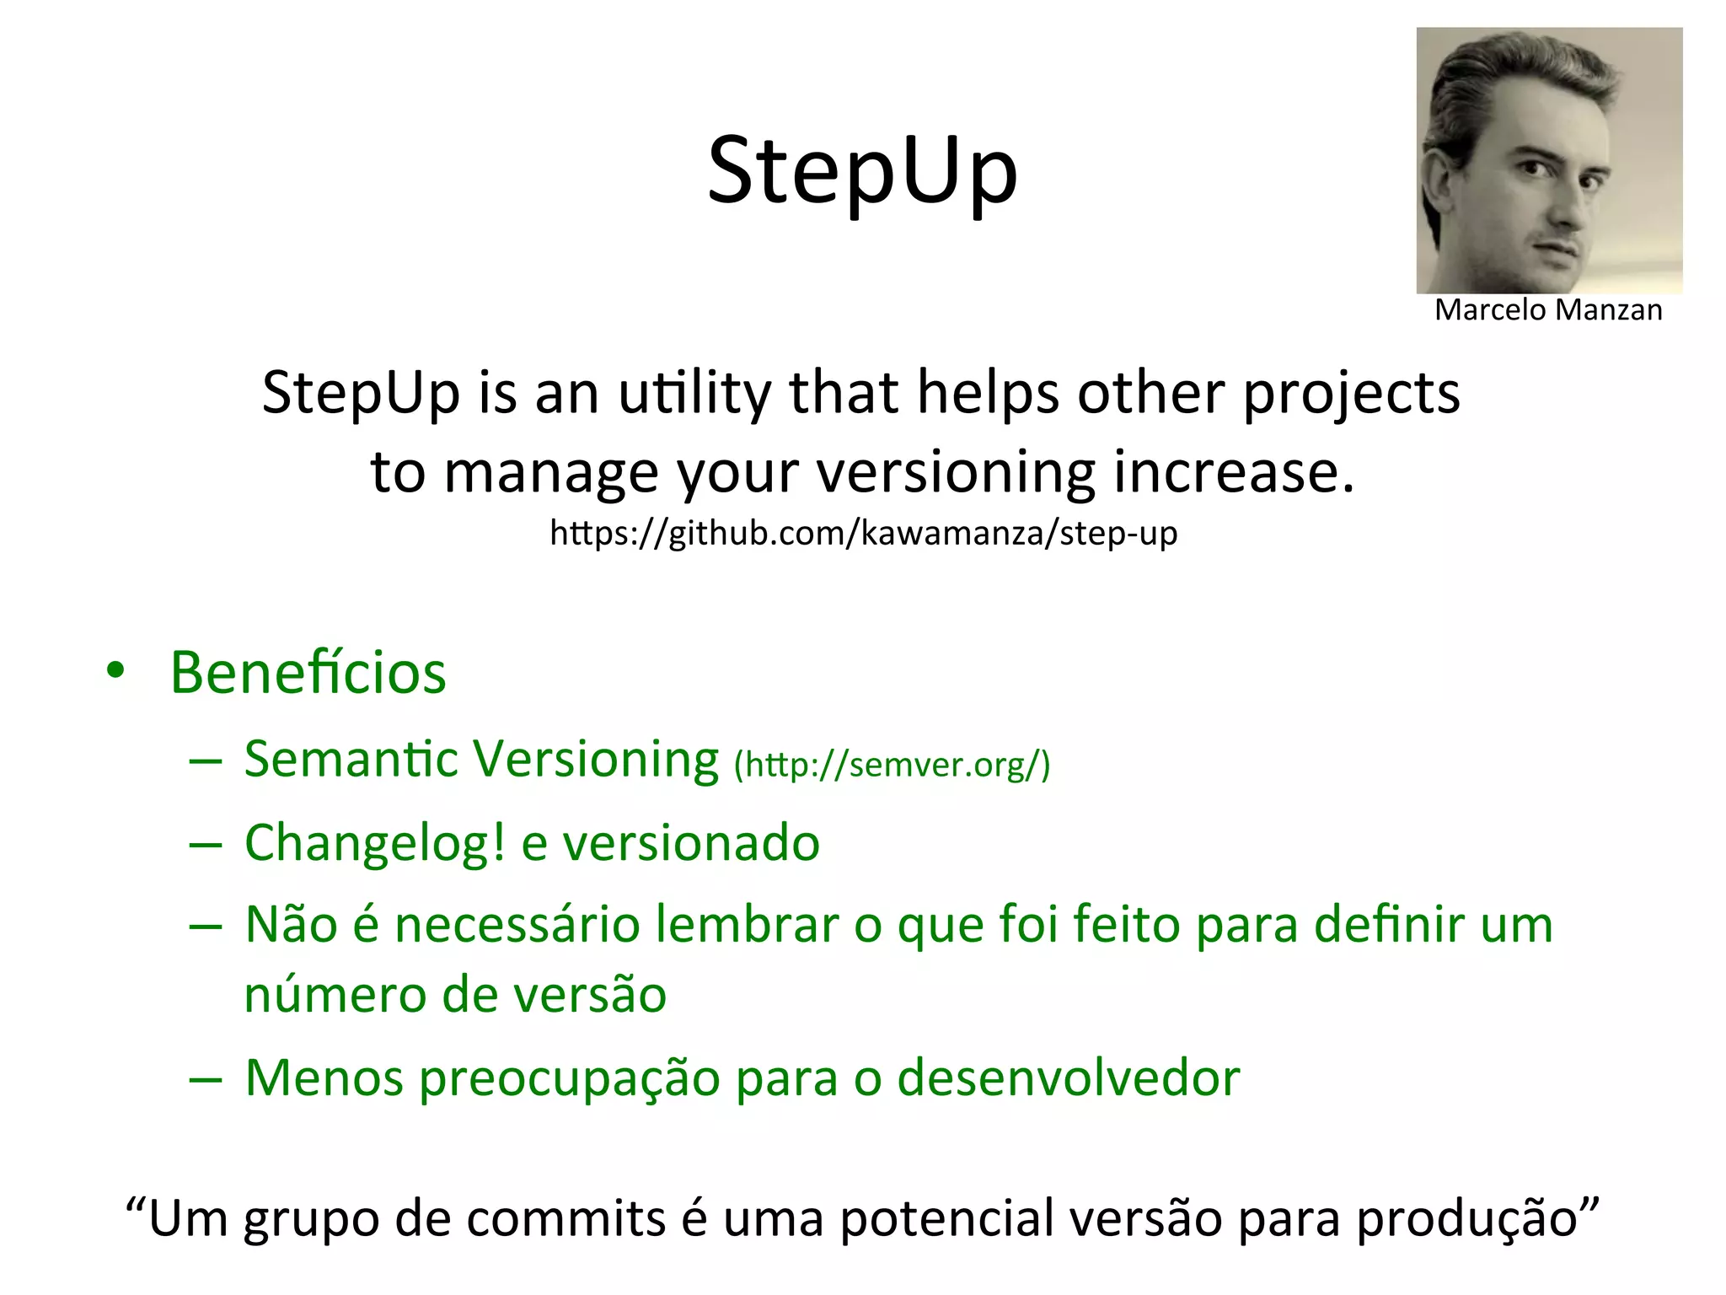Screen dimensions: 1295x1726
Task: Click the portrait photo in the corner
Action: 1549,160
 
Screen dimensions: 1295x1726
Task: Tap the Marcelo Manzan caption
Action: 1548,310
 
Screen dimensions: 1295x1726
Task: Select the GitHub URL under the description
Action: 863,533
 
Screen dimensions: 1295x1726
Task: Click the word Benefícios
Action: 308,673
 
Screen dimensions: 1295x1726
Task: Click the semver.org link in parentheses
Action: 892,765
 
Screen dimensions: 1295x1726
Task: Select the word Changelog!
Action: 375,842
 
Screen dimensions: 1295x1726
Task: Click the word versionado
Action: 690,842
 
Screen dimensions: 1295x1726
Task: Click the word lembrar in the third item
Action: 747,924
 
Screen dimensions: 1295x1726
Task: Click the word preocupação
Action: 569,1078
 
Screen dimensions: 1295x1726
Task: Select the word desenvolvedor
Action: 1068,1077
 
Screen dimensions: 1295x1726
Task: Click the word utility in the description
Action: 694,393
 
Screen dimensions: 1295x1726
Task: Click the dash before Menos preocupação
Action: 206,1080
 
